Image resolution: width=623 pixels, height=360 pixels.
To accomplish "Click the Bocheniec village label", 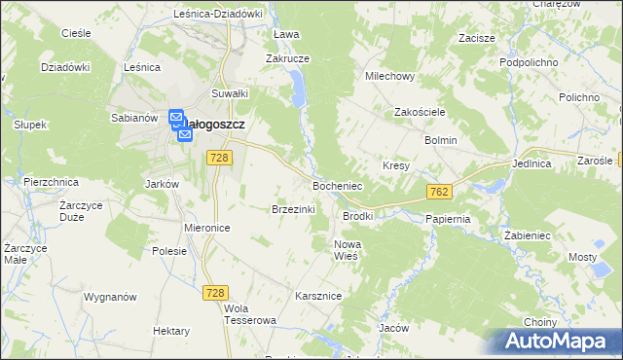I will coord(337,185).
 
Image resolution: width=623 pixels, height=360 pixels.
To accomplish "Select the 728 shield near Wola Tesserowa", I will coord(215,292).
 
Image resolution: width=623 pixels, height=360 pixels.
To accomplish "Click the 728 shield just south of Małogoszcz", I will coord(219,158).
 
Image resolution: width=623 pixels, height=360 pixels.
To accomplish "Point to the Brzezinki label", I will coord(292,208).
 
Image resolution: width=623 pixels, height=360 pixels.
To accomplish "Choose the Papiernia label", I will coord(448,219).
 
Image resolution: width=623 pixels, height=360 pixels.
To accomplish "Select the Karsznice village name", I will coord(316,294).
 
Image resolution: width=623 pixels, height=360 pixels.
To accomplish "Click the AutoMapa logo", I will coord(558,342).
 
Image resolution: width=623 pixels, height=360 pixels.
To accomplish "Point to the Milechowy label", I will coord(389,76).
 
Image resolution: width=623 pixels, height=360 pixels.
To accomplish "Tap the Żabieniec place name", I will coord(529,235).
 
